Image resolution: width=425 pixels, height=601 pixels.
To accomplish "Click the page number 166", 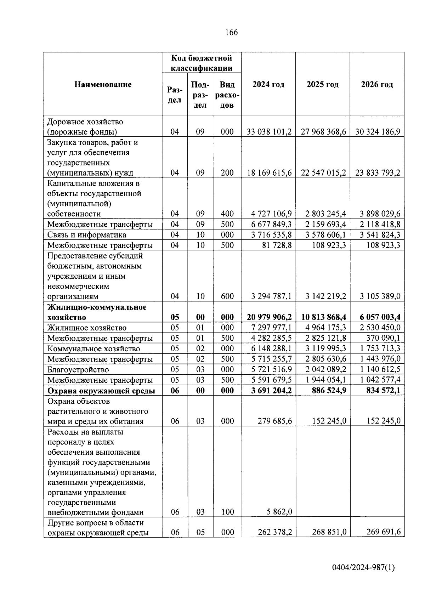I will pyautogui.click(x=231, y=33).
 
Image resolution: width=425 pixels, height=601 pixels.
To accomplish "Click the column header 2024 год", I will pyautogui.click(x=268, y=85).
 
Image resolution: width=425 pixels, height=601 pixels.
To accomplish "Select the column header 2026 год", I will pyautogui.click(x=377, y=85).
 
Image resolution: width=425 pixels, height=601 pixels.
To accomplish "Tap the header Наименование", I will pyautogui.click(x=103, y=85).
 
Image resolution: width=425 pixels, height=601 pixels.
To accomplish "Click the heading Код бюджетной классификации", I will pyautogui.click(x=202, y=63).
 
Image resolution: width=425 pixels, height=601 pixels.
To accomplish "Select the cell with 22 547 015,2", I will pyautogui.click(x=323, y=173).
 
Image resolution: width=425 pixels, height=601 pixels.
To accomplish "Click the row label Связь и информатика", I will pyautogui.click(x=87, y=235).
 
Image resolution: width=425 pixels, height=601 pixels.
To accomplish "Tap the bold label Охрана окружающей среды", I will pyautogui.click(x=101, y=391).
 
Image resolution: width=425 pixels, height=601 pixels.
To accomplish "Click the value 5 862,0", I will pyautogui.click(x=280, y=512).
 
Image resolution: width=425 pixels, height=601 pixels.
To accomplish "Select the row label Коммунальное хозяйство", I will pyautogui.click(x=93, y=349).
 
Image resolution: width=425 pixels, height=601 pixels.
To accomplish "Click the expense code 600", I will pyautogui.click(x=227, y=296).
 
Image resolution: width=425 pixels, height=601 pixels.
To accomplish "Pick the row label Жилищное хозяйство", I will pyautogui.click(x=87, y=328).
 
